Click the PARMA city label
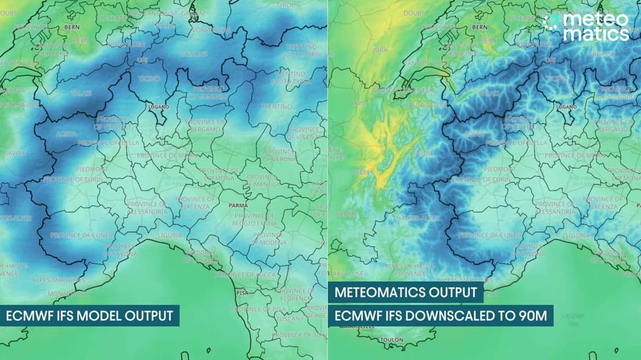[x=238, y=205]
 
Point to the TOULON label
[x=392, y=340]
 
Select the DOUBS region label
[x=414, y=13]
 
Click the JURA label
[x=380, y=50]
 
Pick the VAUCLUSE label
[x=348, y=273]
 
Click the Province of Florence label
[x=295, y=294]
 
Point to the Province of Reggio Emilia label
[x=255, y=219]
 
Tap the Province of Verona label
[x=279, y=155]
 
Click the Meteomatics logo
[x=586, y=27]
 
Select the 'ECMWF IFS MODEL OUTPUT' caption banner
[x=90, y=316]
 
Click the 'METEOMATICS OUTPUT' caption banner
[x=405, y=292]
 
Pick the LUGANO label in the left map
[x=158, y=107]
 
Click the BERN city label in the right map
[x=480, y=27]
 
